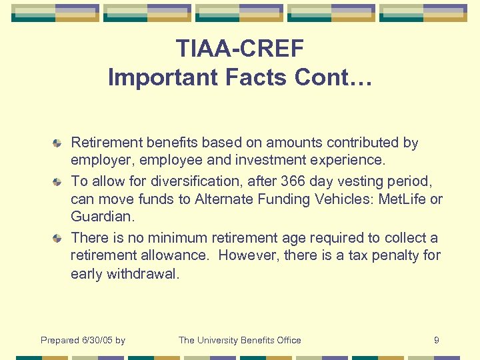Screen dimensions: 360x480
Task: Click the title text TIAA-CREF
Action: click(x=239, y=48)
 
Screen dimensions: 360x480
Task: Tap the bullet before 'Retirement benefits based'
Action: click(x=59, y=143)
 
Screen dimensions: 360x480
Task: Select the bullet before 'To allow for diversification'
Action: click(x=59, y=181)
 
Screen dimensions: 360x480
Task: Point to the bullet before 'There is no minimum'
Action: click(x=59, y=238)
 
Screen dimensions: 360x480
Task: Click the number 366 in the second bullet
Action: click(x=295, y=181)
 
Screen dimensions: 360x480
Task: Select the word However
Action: click(x=247, y=256)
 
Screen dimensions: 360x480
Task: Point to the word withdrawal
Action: click(x=143, y=275)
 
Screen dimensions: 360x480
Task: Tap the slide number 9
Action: click(x=436, y=341)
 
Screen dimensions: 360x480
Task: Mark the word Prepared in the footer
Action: click(x=59, y=341)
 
